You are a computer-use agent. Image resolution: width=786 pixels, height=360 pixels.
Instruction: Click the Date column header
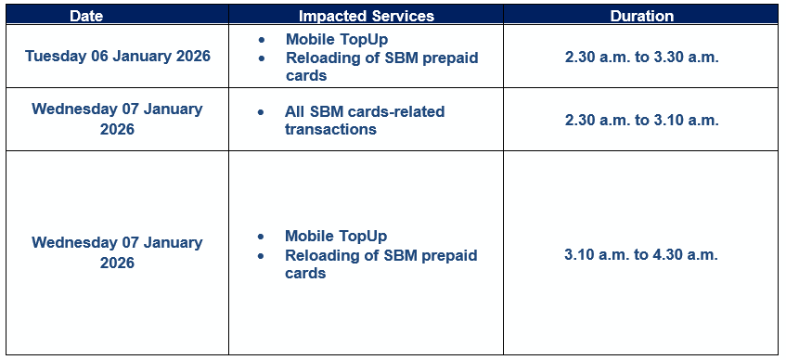86,16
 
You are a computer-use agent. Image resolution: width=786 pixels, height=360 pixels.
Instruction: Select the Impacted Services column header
367,16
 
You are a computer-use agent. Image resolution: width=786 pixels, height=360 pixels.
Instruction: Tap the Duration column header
641,16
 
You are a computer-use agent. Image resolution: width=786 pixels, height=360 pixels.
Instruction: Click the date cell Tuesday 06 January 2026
118,57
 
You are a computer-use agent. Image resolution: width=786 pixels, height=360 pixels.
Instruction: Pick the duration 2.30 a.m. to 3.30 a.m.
641,58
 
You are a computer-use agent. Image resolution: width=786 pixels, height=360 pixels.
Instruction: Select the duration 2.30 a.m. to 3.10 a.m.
641,121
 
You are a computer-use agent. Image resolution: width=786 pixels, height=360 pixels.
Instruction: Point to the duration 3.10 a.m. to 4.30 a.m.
641,255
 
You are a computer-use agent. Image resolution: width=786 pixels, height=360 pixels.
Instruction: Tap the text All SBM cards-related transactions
365,121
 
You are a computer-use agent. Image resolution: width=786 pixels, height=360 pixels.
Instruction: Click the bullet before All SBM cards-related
261,112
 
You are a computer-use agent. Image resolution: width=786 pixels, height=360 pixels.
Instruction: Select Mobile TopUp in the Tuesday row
337,39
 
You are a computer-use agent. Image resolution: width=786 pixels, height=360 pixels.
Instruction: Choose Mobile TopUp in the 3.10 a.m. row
336,237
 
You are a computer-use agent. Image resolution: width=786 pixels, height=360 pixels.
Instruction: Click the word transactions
330,129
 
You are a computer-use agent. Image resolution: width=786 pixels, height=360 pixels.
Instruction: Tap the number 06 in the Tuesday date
99,57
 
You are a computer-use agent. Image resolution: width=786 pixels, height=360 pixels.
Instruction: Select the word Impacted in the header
333,16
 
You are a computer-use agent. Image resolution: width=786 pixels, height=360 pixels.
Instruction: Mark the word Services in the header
403,16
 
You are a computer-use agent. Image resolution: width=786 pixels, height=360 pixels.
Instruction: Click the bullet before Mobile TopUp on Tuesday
261,40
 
